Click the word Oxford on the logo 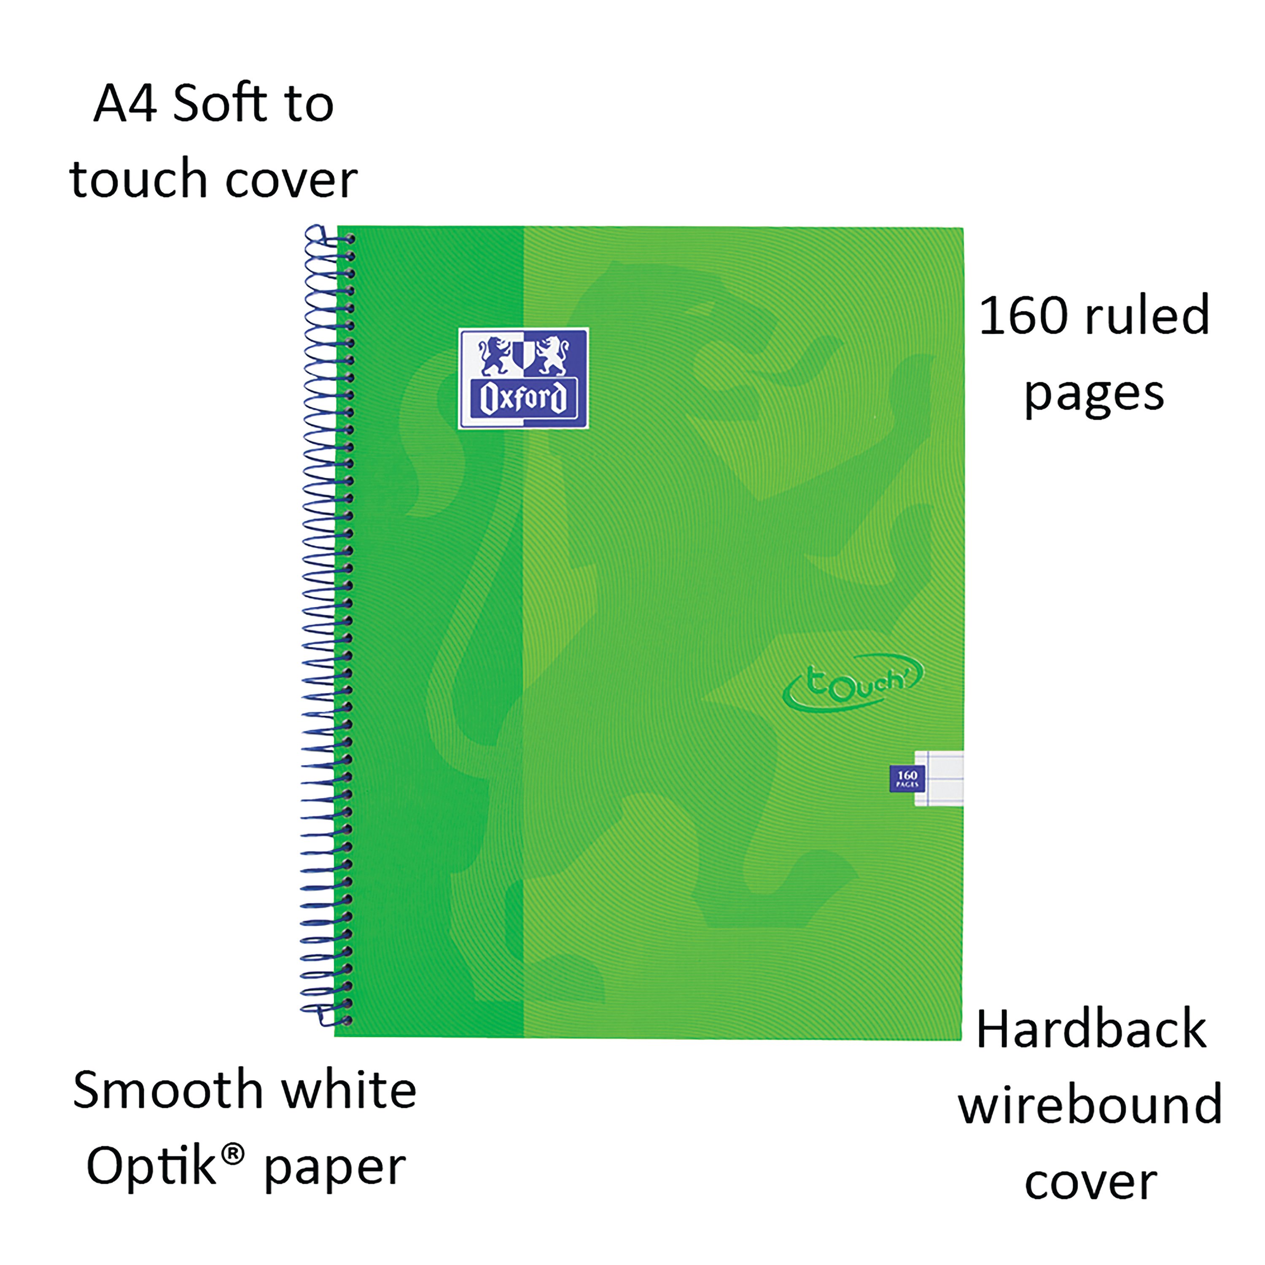pos(523,398)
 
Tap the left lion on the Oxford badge pos(495,355)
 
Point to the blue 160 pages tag pos(907,778)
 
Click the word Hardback pos(1091,1030)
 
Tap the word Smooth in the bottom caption pos(168,1090)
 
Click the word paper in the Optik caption pos(334,1169)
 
